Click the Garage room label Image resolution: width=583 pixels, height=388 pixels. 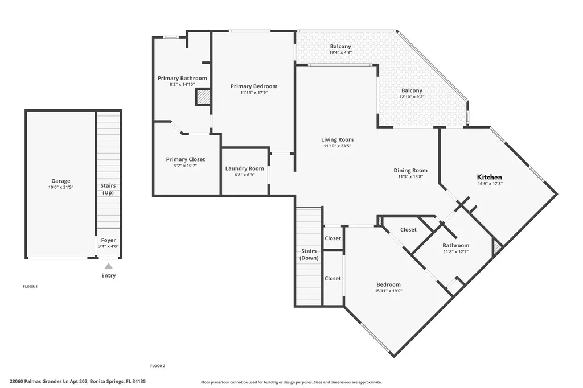coord(60,181)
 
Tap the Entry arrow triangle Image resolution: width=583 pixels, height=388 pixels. coord(108,266)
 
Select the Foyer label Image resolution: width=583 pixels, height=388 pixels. coord(108,240)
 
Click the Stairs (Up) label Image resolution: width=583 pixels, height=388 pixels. coord(108,189)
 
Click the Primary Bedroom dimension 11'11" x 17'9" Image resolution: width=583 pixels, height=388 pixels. coord(254,93)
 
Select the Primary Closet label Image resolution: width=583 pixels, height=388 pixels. coord(186,159)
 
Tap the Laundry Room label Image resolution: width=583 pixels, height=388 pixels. coord(244,168)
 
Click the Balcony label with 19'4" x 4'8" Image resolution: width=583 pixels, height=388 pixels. coord(340,47)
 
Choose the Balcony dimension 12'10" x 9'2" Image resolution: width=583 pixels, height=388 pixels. coord(412,97)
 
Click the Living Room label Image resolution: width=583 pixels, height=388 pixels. coord(337,139)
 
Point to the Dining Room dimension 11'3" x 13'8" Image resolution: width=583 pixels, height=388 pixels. coord(410,176)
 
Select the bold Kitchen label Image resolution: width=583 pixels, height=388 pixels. coord(489,177)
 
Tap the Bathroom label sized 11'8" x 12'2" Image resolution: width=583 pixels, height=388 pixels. coord(456,246)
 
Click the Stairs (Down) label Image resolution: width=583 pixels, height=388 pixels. coord(309,254)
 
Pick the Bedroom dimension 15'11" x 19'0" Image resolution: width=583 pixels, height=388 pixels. coord(388,291)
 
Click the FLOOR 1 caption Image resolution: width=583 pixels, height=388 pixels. coord(30,287)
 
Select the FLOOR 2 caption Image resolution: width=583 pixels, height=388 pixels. coord(158,366)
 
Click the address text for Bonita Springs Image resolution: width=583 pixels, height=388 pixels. coord(78,382)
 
